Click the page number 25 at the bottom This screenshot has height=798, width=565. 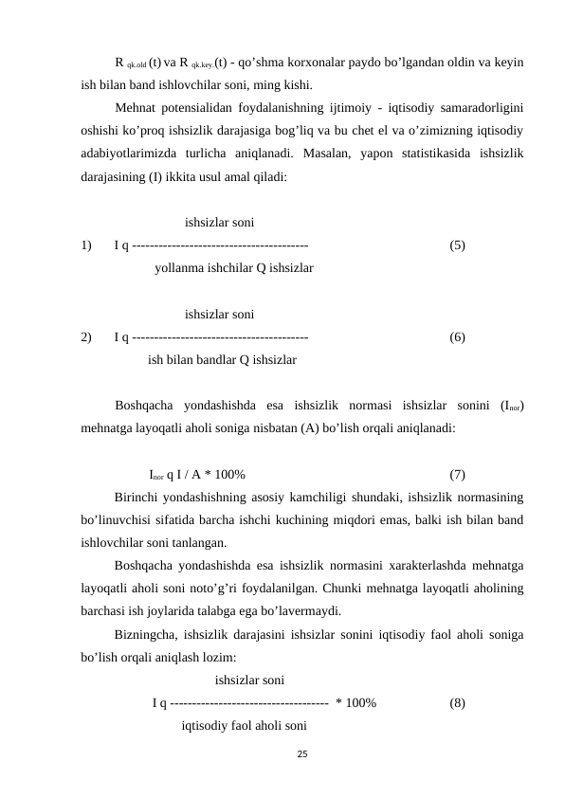pyautogui.click(x=301, y=753)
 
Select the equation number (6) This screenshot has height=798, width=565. pyautogui.click(x=457, y=337)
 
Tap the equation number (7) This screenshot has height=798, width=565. pyautogui.click(x=457, y=474)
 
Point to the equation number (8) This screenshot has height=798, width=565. pyautogui.click(x=457, y=703)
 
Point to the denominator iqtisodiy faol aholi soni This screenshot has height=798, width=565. pyautogui.click(x=244, y=726)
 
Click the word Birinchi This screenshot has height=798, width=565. pyautogui.click(x=139, y=498)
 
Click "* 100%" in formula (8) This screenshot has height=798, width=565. pyautogui.click(x=356, y=703)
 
